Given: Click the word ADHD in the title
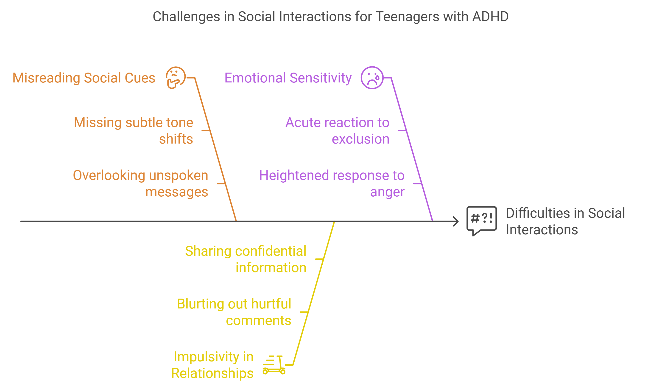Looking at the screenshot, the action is point(490,17).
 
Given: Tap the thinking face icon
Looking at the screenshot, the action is point(176,78).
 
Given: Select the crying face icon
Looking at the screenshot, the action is point(372,78).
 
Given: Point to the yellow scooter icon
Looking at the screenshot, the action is point(274,365).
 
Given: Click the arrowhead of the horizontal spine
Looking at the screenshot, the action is point(456,221).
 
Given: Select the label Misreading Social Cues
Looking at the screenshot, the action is point(84,78).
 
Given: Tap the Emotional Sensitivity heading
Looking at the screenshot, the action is point(288,78).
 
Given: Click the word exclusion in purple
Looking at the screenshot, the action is point(360,139).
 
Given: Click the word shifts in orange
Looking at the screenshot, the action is point(176,139).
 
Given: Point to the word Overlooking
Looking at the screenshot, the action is point(109,175).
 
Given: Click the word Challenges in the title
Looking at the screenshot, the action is point(186,17).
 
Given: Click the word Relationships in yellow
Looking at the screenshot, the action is point(212,373).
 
